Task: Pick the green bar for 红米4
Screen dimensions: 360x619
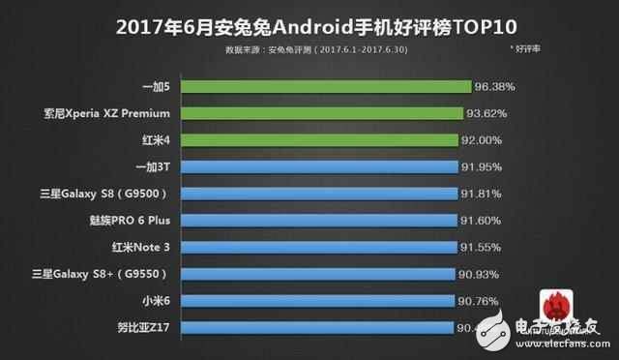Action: [x=330, y=140]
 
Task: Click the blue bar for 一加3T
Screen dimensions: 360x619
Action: [x=330, y=166]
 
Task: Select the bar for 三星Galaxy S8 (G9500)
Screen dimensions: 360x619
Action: [x=330, y=194]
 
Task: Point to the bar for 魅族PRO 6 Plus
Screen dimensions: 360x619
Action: [x=329, y=221]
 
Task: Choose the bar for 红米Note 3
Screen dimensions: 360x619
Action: [x=329, y=248]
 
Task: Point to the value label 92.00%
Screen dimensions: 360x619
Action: [x=483, y=140]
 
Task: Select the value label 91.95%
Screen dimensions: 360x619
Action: [x=483, y=166]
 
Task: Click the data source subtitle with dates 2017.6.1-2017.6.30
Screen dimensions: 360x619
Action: [x=308, y=46]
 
